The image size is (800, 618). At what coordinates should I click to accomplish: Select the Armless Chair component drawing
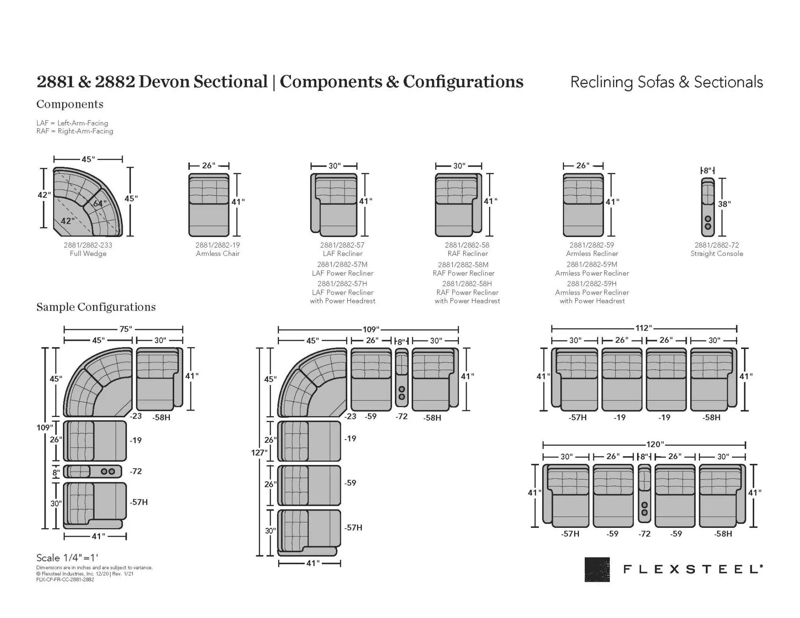(209, 205)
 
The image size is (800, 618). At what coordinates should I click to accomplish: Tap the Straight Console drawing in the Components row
(707, 207)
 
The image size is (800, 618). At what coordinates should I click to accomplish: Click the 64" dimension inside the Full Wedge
(100, 203)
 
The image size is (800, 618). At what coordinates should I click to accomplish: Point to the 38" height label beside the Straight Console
(724, 204)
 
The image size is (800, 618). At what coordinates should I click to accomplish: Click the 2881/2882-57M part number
(342, 264)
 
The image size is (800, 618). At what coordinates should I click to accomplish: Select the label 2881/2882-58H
(467, 283)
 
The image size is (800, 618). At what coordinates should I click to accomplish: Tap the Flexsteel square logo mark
(597, 569)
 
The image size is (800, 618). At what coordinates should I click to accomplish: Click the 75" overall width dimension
(126, 329)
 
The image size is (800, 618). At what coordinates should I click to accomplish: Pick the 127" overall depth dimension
(259, 452)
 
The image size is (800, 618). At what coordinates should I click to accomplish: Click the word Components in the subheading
(70, 104)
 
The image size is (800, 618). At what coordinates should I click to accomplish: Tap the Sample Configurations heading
(96, 307)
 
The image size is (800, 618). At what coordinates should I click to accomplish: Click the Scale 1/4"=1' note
(67, 558)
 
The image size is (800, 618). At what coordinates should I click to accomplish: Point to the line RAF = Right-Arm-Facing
(75, 131)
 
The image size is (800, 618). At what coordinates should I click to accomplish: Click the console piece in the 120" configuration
(644, 493)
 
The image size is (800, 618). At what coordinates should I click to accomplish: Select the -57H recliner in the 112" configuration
(575, 379)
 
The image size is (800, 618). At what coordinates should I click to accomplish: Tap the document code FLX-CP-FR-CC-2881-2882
(65, 580)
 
